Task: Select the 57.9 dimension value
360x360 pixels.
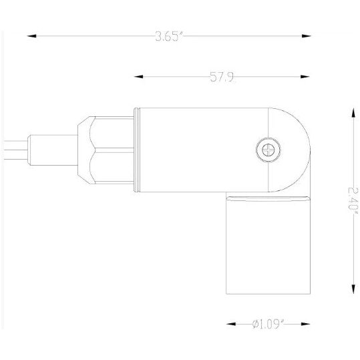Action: click(221, 77)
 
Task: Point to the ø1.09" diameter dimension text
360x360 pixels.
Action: click(269, 325)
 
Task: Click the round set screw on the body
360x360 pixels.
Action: click(268, 150)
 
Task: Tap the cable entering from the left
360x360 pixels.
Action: click(13, 151)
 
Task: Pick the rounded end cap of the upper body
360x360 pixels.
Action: click(291, 150)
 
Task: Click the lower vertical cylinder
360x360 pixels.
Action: click(268, 247)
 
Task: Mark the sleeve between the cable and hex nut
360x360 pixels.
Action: click(53, 151)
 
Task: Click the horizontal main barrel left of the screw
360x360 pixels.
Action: click(200, 151)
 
